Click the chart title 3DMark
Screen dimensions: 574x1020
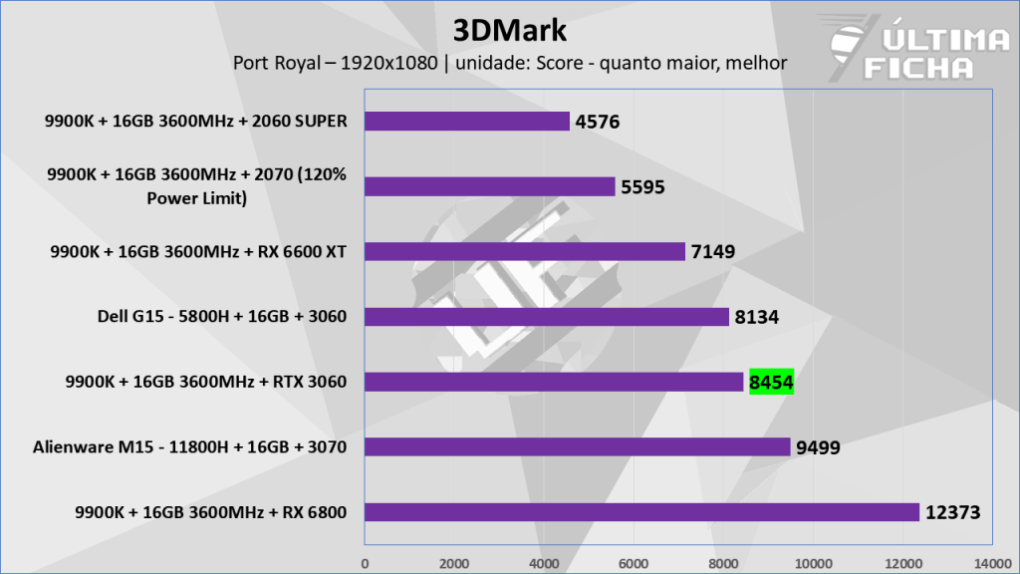point(509,30)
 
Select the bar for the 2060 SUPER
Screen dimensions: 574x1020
point(467,122)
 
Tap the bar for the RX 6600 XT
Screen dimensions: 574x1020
point(525,251)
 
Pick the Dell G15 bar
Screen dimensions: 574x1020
point(547,317)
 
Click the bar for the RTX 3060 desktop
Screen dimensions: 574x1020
point(554,382)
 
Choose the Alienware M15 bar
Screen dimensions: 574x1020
point(578,446)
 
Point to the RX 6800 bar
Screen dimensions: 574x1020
point(641,512)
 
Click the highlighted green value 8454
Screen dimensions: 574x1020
point(771,382)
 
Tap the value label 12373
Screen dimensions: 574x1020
point(953,512)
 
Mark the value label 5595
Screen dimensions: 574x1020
point(642,186)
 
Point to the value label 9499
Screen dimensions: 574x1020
point(818,447)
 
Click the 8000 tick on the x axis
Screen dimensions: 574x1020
point(723,562)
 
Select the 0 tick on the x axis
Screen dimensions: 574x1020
point(365,562)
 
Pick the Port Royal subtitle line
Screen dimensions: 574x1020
point(509,63)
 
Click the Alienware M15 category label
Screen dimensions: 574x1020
point(188,447)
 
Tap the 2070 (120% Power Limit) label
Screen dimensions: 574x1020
point(196,185)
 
